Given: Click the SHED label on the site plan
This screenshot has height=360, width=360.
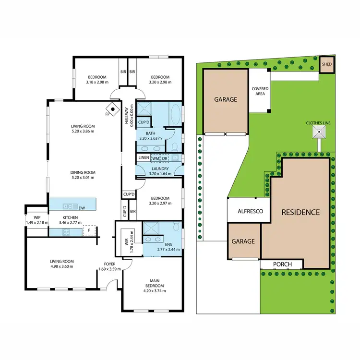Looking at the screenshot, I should [x=326, y=64].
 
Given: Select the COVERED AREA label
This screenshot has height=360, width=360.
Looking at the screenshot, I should [x=260, y=92].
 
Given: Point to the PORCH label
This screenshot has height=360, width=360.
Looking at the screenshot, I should [x=282, y=264].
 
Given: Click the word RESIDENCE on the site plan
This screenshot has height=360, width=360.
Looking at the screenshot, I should [x=300, y=212].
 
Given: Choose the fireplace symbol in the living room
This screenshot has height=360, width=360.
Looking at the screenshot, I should [x=112, y=109].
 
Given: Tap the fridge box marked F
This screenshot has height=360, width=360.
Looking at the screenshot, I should [x=88, y=231].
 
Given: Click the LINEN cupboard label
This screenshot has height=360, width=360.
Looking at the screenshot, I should [x=143, y=158].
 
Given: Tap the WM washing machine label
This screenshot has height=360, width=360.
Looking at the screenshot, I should [x=156, y=158].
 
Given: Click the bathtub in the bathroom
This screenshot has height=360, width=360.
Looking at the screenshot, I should [x=176, y=116].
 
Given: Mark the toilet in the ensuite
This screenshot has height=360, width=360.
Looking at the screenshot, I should [x=176, y=226].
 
